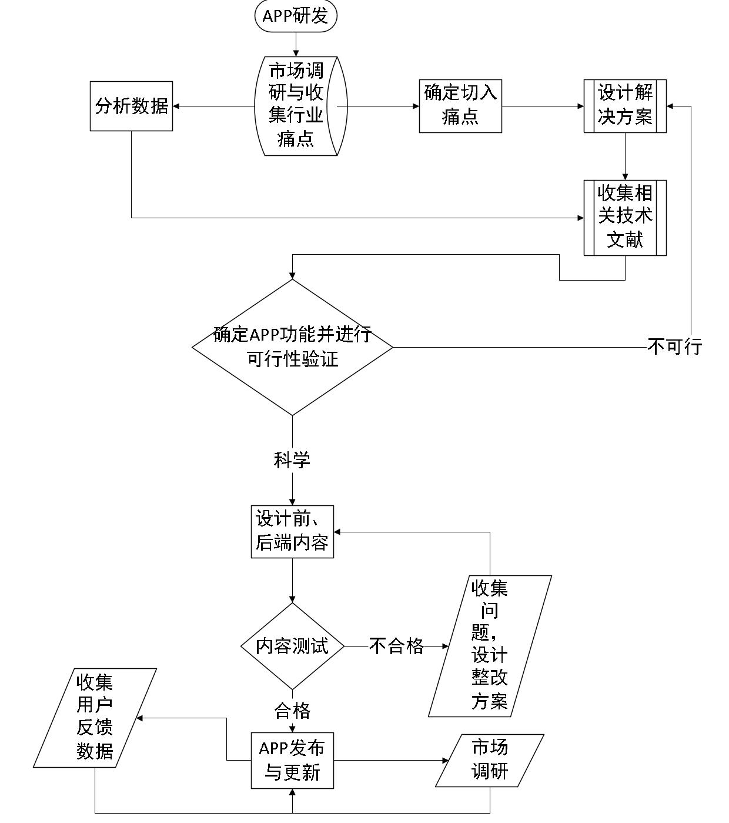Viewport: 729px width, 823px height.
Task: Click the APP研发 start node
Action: [x=296, y=16]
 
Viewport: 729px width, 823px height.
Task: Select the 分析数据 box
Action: [x=131, y=106]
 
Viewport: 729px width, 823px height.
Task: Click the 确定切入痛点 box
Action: [x=460, y=106]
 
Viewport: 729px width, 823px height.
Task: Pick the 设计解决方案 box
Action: [x=625, y=106]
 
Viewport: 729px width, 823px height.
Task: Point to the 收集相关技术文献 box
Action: [x=625, y=218]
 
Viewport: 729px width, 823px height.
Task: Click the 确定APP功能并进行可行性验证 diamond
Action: [x=292, y=347]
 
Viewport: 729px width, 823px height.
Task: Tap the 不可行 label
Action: [x=675, y=347]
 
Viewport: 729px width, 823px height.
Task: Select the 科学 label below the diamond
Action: [x=292, y=460]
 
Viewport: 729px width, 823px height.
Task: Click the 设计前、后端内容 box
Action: [x=292, y=531]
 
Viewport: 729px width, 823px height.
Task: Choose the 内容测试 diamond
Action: [x=292, y=646]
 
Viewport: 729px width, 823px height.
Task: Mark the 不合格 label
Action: [x=396, y=646]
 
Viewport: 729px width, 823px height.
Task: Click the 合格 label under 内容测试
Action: [x=292, y=711]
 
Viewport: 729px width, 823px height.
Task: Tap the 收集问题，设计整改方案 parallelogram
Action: [x=490, y=646]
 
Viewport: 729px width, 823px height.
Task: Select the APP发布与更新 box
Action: [x=292, y=760]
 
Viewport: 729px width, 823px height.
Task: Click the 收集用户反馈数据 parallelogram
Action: [x=95, y=718]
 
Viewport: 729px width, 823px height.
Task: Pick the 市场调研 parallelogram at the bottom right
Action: [x=490, y=760]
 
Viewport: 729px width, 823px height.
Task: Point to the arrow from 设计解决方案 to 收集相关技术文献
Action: [x=625, y=156]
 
